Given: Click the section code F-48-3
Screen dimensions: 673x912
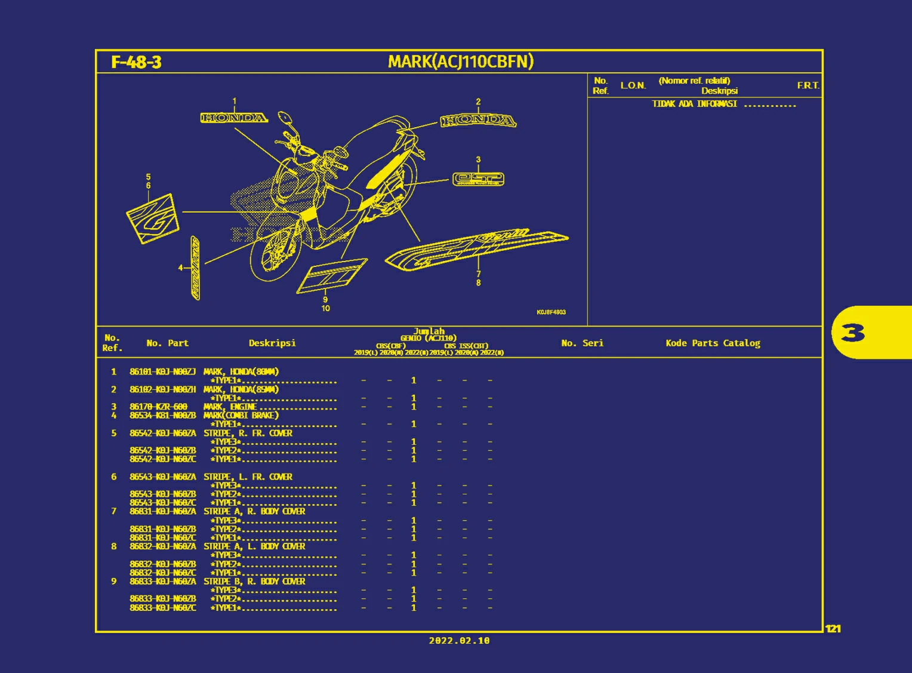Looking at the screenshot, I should [x=136, y=62].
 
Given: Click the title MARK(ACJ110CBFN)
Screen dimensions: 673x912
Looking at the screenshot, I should [x=460, y=62].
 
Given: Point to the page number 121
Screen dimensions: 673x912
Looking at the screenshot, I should [x=833, y=628].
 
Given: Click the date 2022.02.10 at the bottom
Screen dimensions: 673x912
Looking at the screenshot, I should [x=459, y=641].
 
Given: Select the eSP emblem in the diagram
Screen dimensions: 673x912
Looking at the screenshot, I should [x=478, y=179].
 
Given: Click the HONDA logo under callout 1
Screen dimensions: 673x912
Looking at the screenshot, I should [x=234, y=118].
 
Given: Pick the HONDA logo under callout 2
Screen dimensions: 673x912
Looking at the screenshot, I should [x=478, y=121].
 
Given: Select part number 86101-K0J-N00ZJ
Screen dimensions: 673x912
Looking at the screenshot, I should [x=162, y=371].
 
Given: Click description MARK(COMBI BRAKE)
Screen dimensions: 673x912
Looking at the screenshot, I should [x=241, y=415].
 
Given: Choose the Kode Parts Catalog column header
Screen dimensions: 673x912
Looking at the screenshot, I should [x=713, y=343].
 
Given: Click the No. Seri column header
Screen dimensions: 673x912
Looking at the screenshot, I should [x=582, y=343].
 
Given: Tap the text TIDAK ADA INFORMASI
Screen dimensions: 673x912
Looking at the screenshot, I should [x=694, y=104].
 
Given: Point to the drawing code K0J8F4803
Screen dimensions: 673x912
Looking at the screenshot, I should [x=551, y=312].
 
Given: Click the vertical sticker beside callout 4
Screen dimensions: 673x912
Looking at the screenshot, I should [x=195, y=268].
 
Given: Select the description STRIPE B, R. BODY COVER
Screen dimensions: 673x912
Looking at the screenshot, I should [x=254, y=581].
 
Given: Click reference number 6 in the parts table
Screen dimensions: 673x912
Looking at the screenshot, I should [x=114, y=477].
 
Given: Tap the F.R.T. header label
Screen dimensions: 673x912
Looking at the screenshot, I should [x=808, y=85].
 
